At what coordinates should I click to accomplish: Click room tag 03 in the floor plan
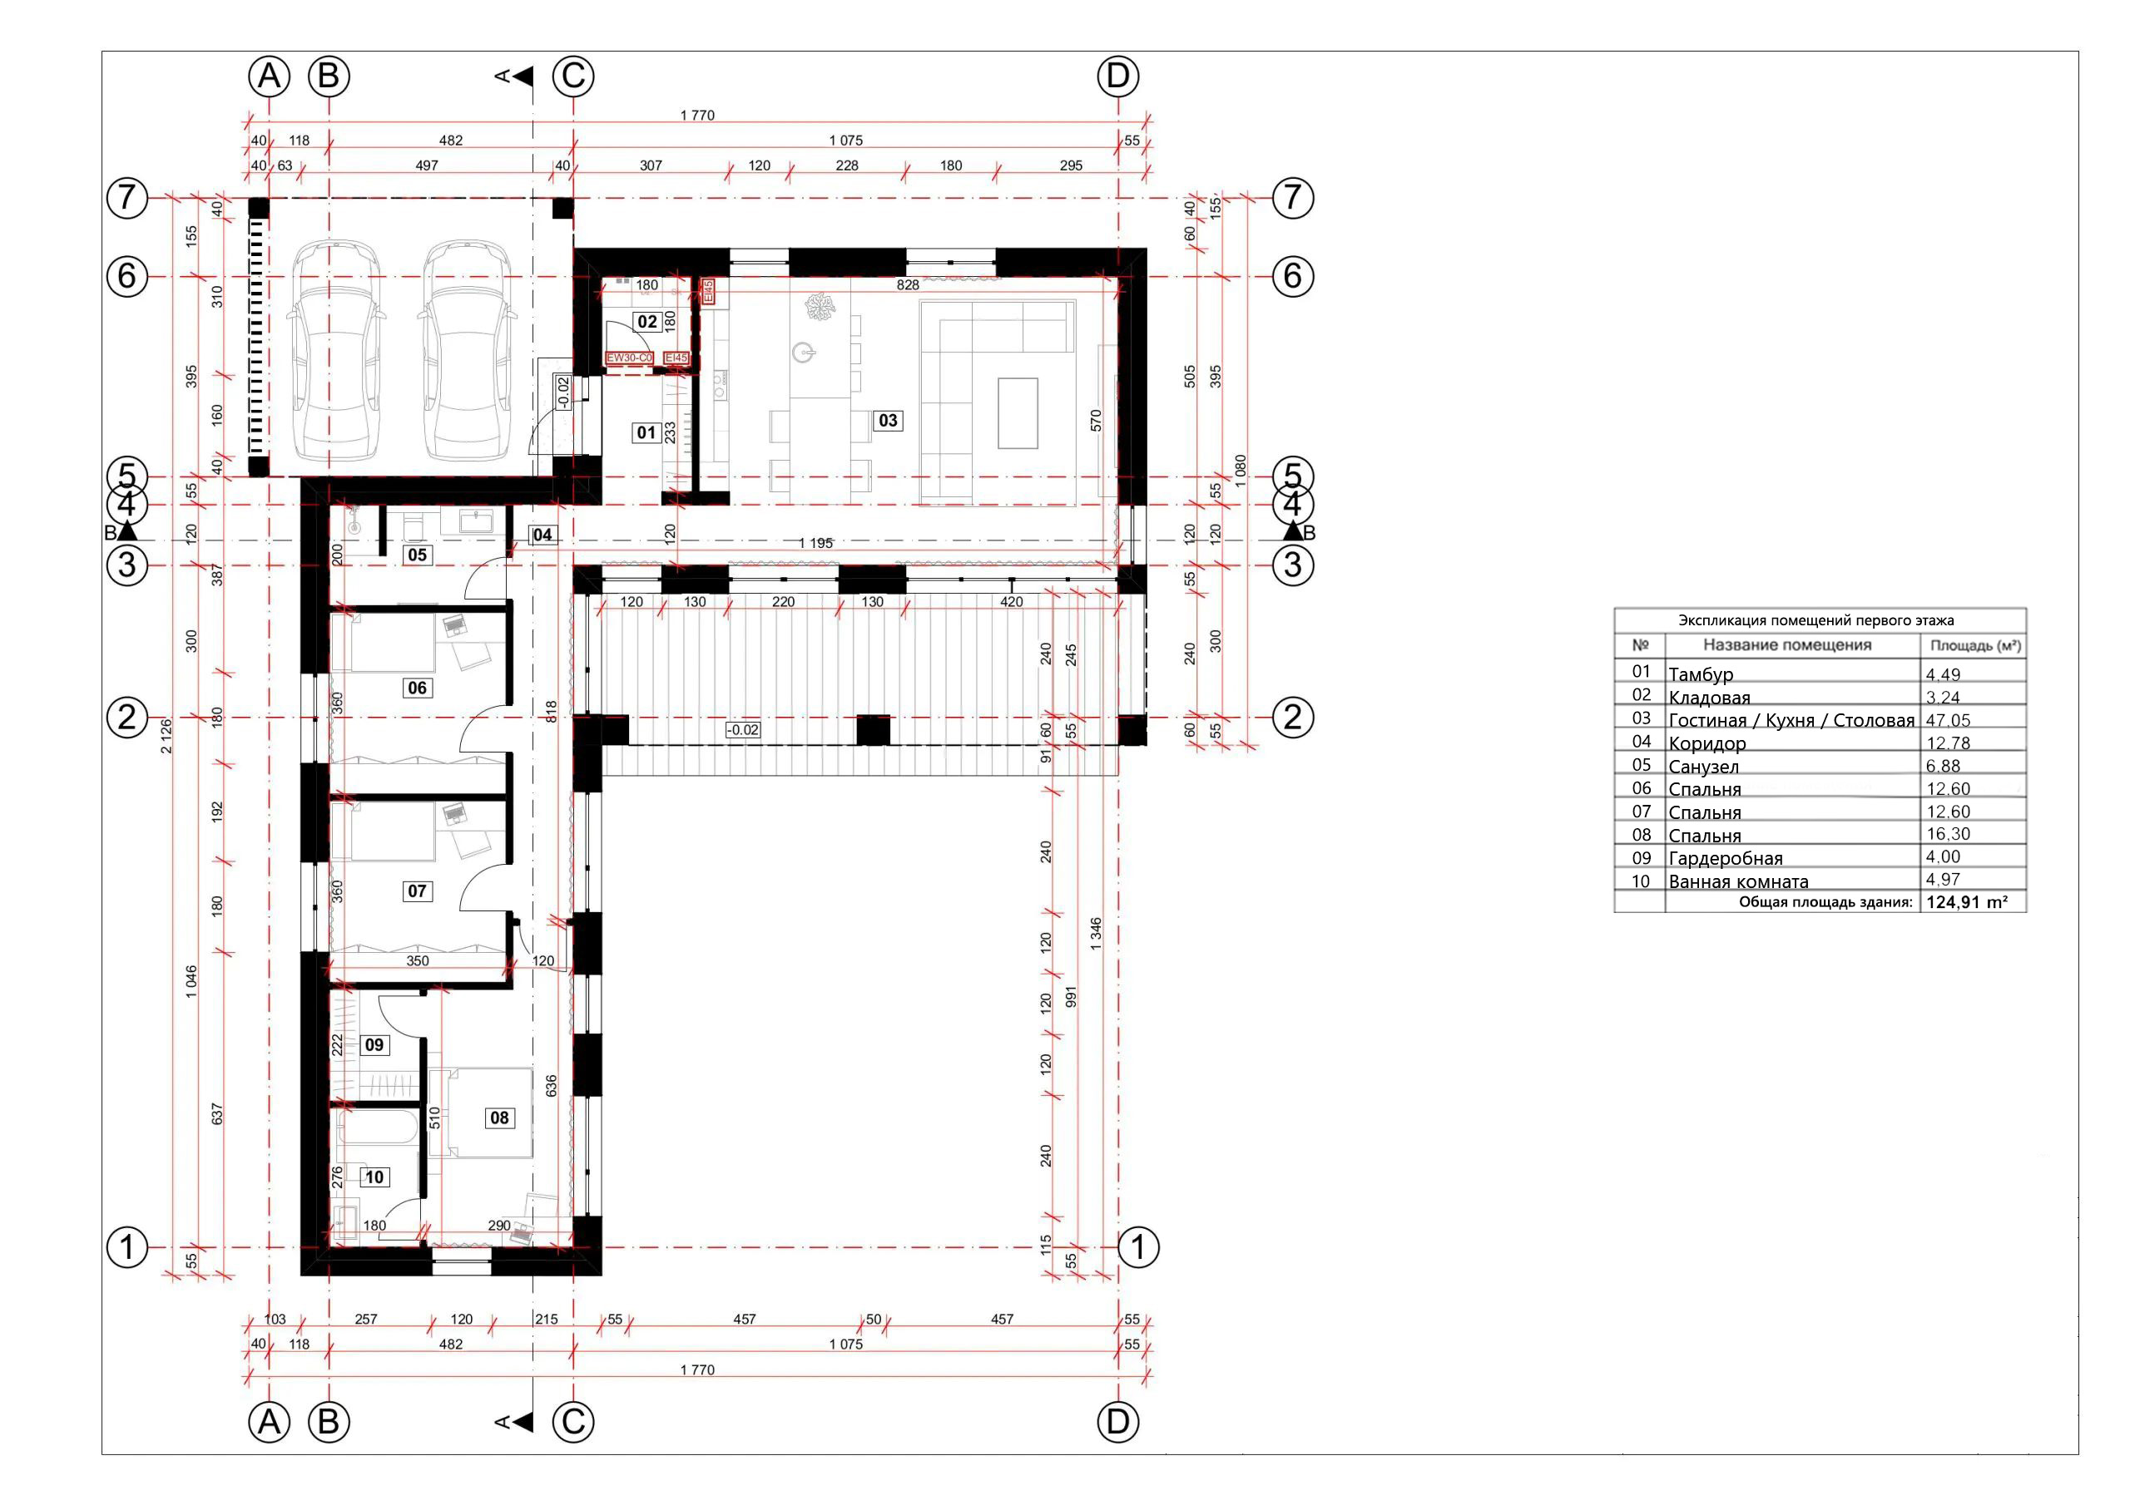(887, 421)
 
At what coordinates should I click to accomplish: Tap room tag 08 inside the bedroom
(499, 1118)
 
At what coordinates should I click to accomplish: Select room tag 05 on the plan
(418, 555)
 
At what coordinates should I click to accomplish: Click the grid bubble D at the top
(1118, 76)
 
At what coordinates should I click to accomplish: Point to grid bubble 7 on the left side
(128, 198)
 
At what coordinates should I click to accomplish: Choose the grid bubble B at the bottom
(329, 1422)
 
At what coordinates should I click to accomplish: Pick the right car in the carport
(466, 351)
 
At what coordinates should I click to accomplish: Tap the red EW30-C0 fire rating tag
(630, 358)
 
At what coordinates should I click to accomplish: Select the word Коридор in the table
(1707, 743)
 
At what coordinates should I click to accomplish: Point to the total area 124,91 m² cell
(1968, 902)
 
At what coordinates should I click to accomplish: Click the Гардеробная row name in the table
(1726, 859)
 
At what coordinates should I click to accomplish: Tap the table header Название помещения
(1786, 645)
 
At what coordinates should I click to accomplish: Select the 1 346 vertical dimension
(1096, 935)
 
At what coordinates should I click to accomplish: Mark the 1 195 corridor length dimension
(815, 544)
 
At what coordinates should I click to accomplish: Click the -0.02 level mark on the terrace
(742, 731)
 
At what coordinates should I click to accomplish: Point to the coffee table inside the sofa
(1018, 412)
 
